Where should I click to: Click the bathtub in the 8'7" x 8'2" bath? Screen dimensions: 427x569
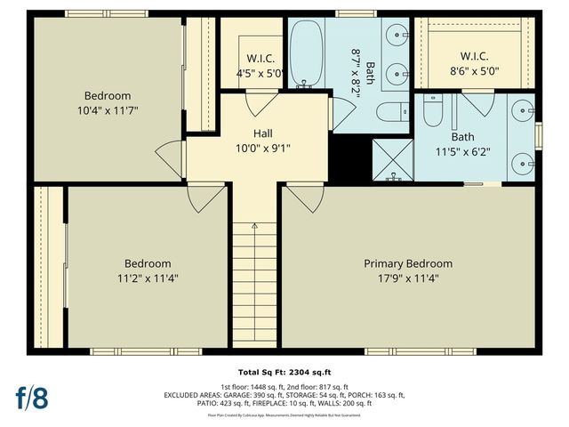307,52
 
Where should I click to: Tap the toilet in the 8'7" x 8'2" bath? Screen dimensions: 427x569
388,112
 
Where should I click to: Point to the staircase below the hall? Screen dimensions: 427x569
255,285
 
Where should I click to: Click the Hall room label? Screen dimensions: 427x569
262,133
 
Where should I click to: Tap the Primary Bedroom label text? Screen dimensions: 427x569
408,263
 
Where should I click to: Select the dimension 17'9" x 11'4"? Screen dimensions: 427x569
408,278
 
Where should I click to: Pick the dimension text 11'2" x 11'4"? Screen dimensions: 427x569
148,278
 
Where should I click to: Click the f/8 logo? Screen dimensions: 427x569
31,398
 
